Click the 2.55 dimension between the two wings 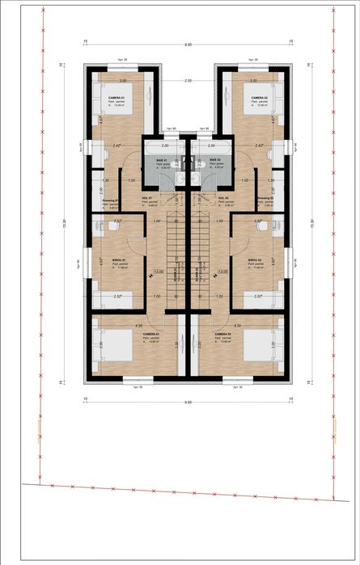coord(188,82)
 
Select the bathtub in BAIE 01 coord(164,150)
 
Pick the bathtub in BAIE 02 coord(212,150)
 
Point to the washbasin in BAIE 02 coord(198,179)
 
